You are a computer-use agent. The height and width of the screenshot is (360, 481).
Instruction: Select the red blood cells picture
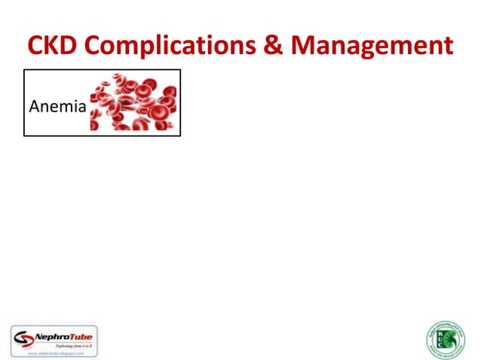click(x=134, y=102)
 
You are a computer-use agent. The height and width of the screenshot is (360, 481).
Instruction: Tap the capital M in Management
click(x=305, y=46)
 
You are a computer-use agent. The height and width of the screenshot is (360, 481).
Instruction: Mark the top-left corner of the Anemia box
click(x=24, y=70)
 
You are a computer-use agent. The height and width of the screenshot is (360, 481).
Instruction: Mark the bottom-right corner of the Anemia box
click(x=181, y=136)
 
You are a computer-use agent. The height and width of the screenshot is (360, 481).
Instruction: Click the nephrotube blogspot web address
click(x=54, y=351)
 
